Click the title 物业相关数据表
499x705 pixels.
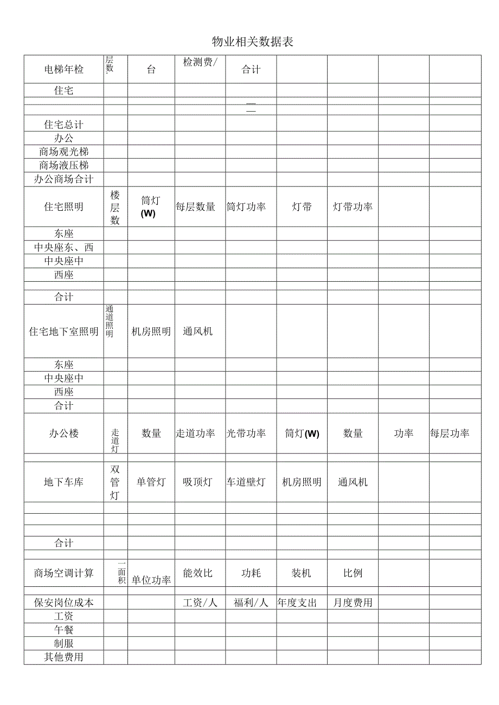252,42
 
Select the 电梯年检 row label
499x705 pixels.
64,69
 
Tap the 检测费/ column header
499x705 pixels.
200,62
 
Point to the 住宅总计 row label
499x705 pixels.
64,125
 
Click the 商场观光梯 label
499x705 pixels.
64,152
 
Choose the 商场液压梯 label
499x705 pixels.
64,165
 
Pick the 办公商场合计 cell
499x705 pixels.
64,179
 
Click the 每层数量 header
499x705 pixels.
195,207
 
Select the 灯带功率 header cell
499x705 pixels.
353,207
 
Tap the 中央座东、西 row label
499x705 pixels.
64,248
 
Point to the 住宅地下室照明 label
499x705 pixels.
64,332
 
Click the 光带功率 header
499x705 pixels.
246,434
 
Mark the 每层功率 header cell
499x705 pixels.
450,434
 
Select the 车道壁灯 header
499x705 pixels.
246,482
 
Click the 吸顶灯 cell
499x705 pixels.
197,482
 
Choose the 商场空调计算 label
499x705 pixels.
64,573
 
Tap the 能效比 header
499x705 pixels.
197,573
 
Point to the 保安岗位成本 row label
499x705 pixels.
64,603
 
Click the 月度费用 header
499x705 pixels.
353,603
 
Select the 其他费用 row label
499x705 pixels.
64,657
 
